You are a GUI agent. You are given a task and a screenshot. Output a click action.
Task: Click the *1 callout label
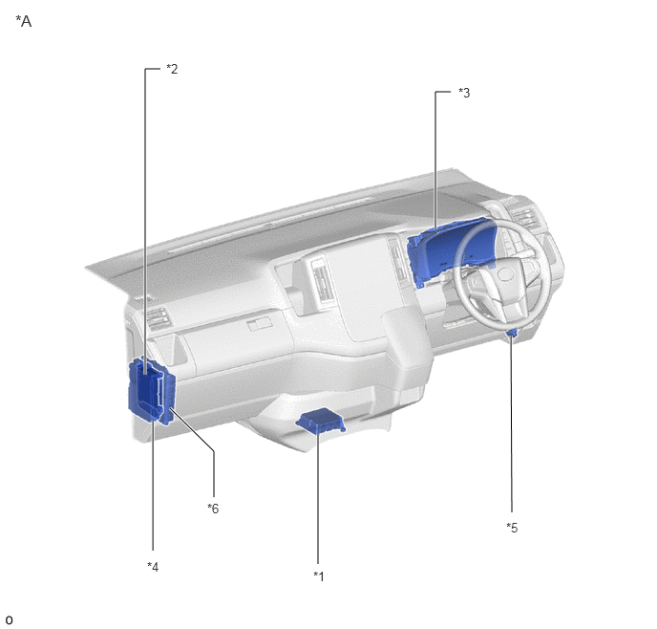319,576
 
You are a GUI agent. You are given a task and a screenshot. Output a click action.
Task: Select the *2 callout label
172,69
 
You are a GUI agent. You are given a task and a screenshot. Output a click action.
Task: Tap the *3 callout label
464,93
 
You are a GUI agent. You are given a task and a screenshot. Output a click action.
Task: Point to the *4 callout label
153,567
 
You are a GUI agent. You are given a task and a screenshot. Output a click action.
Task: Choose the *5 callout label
512,528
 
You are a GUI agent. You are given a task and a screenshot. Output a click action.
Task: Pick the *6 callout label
213,509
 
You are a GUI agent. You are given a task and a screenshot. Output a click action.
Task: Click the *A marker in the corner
24,21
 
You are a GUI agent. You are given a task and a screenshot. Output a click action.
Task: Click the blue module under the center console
321,421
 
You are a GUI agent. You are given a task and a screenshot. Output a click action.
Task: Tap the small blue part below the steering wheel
512,334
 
